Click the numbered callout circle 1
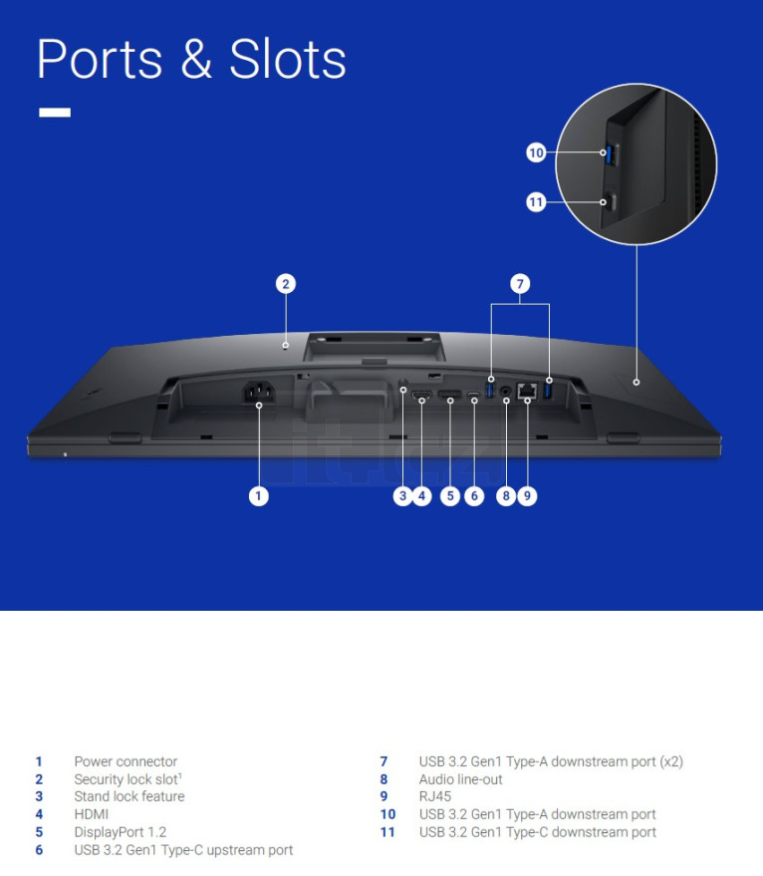pos(258,496)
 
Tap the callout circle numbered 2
pos(286,284)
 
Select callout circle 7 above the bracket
pos(520,284)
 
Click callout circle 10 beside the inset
pos(536,152)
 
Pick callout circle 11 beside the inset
pos(536,201)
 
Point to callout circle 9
pos(527,496)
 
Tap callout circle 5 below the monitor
pos(450,496)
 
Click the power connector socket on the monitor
pos(259,393)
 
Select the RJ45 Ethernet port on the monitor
pos(527,391)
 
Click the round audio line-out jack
pos(506,391)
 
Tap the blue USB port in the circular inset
pos(611,154)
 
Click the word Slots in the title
pos(288,59)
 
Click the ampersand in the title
pos(196,59)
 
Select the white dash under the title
pos(55,113)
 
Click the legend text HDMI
pos(92,814)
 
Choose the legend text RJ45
pos(435,796)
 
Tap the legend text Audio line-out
pos(461,779)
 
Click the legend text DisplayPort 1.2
pos(121,832)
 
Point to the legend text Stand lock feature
pos(129,796)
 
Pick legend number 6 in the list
pos(39,850)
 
